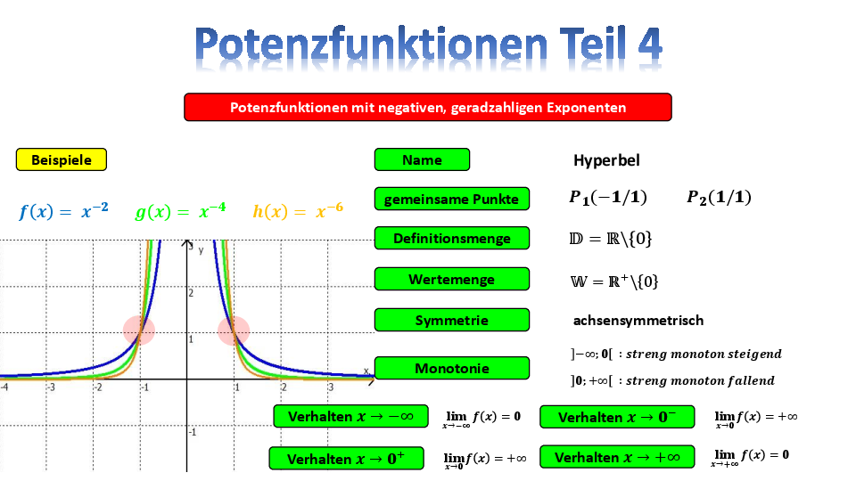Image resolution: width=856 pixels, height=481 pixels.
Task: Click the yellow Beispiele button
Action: (62, 159)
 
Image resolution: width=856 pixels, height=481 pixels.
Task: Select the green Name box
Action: (422, 159)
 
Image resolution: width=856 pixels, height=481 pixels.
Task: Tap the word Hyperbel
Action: (606, 160)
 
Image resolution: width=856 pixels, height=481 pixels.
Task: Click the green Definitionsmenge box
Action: (452, 239)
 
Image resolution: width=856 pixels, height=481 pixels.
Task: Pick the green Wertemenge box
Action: (452, 279)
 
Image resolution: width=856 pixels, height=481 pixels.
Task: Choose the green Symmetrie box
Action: (452, 320)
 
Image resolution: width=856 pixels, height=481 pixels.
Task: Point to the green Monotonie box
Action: (452, 368)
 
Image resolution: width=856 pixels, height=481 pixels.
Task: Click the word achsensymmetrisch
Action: (638, 320)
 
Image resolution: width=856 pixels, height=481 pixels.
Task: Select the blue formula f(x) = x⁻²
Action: (63, 210)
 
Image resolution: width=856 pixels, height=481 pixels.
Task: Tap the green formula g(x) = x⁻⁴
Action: (180, 210)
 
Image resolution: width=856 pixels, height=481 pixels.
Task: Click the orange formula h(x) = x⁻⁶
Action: (298, 210)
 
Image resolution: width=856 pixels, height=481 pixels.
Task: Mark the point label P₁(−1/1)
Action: (607, 197)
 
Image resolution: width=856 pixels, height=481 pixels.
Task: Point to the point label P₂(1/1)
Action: (719, 197)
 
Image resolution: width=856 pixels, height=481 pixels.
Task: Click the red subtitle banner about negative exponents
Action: (428, 107)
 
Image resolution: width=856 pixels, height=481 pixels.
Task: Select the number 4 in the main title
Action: (649, 45)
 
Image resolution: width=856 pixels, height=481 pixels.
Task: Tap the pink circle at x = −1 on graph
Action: (139, 330)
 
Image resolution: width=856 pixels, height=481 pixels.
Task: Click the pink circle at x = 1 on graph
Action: (234, 330)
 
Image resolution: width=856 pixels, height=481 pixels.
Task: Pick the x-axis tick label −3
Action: (50, 387)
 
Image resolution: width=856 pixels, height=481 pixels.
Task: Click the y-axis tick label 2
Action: (191, 293)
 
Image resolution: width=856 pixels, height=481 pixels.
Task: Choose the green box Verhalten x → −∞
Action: (350, 417)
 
